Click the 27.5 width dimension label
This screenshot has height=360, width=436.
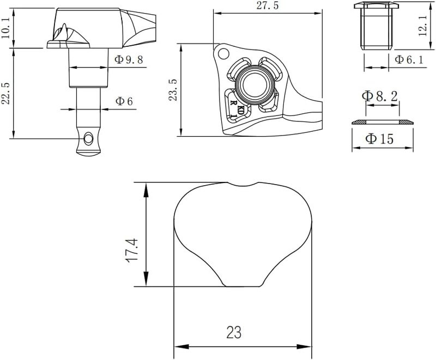pyautogui.click(x=267, y=5)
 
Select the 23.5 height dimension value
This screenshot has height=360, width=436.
pyautogui.click(x=173, y=89)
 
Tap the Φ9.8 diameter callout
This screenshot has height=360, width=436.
pyautogui.click(x=129, y=59)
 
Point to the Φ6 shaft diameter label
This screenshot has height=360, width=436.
pyautogui.click(x=124, y=101)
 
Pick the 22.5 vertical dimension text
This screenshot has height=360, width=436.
pyautogui.click(x=5, y=93)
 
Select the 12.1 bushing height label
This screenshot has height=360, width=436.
pyautogui.click(x=422, y=26)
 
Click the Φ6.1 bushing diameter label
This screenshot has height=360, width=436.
pyautogui.click(x=409, y=59)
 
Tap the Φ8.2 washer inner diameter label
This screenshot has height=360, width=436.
pyautogui.click(x=380, y=96)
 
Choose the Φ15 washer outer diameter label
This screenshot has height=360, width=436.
pyautogui.click(x=379, y=139)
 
